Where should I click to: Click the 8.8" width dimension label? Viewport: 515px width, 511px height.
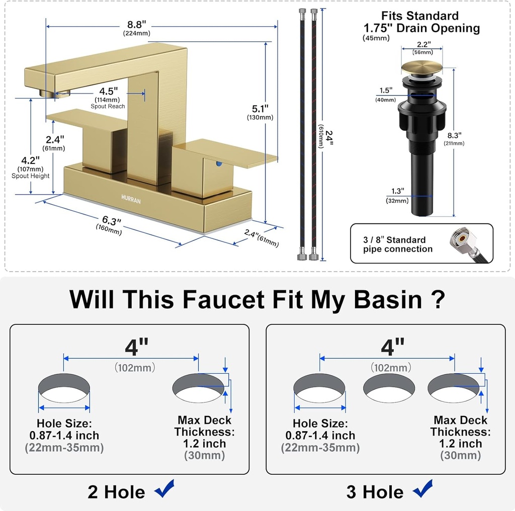tap(136, 25)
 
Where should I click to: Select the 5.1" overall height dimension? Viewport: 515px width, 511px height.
tap(260, 109)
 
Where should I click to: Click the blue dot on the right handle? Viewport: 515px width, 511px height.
tap(218, 163)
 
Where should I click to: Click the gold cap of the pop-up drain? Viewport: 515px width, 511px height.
tap(421, 68)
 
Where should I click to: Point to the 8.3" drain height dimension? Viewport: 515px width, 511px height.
tap(454, 135)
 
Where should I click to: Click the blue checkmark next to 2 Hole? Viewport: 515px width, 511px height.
tap(164, 489)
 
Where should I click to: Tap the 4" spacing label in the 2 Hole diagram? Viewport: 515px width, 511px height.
tap(136, 347)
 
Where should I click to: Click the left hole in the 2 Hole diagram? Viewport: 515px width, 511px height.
tap(64, 388)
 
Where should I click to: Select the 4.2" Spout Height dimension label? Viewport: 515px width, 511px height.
tap(30, 161)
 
